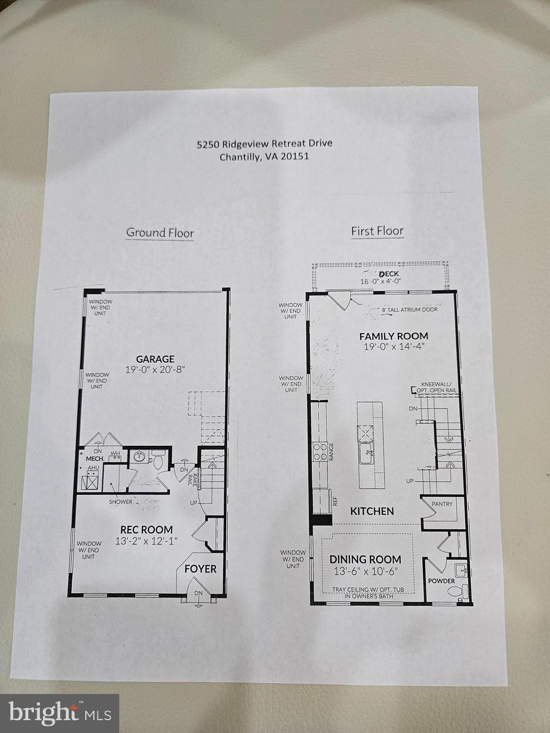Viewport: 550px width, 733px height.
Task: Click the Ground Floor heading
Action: [x=160, y=233]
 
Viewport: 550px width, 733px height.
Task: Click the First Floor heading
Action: [x=377, y=231]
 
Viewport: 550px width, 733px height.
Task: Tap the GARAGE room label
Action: [x=155, y=359]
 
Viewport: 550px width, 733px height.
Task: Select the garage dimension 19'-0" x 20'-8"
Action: [x=155, y=369]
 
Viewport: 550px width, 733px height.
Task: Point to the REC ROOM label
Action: [x=147, y=530]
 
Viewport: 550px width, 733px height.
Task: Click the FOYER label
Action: [x=201, y=569]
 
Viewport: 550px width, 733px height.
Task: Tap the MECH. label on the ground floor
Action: [x=95, y=459]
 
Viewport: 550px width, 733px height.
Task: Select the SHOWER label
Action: [x=120, y=502]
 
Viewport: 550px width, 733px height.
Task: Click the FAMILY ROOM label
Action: [x=393, y=336]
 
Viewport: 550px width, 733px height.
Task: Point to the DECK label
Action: [x=389, y=274]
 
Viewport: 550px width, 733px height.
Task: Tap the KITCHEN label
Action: [x=372, y=511]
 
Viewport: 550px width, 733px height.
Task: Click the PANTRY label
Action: [x=442, y=504]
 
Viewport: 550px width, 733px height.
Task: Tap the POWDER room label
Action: [x=441, y=581]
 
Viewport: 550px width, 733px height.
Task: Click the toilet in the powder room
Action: [x=456, y=592]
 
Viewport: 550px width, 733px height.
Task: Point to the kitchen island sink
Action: [x=367, y=450]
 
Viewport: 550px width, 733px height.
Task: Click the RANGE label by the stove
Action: [x=331, y=451]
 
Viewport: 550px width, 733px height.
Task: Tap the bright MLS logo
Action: [x=60, y=713]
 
